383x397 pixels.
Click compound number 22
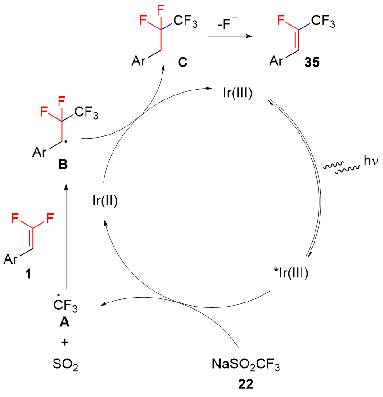[x=246, y=384]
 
